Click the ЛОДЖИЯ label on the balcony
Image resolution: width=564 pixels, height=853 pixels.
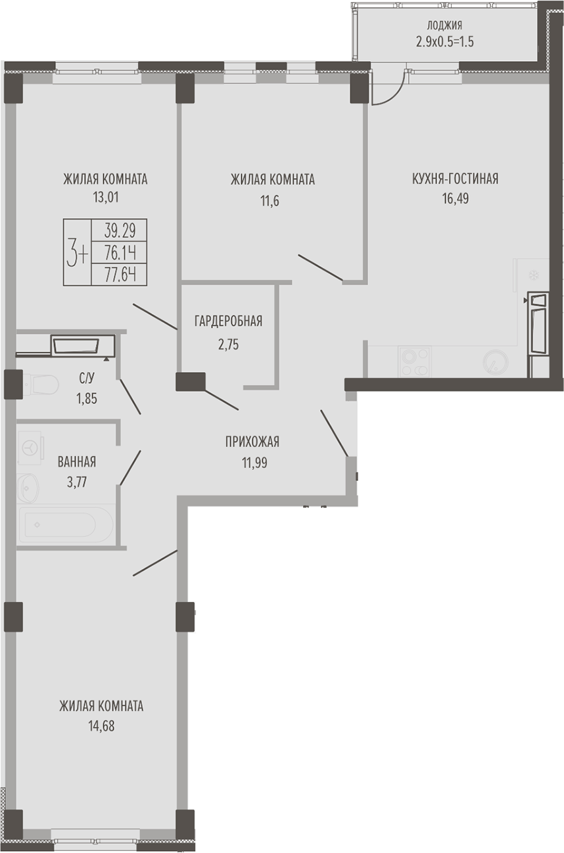click(444, 26)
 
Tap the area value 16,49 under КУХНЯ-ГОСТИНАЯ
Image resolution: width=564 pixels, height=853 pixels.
click(455, 198)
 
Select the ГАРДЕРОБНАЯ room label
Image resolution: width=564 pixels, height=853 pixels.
click(228, 321)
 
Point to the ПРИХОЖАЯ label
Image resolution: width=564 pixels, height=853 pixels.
click(252, 442)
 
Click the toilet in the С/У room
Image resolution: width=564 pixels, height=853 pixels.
click(39, 384)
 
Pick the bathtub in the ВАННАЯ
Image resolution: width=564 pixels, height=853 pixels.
click(65, 525)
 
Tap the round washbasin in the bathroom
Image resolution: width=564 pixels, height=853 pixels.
click(28, 488)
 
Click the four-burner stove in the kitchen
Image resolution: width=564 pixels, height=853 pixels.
click(414, 361)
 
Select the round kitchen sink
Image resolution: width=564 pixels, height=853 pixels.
click(495, 361)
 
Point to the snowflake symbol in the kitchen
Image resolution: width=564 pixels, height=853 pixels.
click(534, 275)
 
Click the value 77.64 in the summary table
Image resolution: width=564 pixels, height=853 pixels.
click(120, 274)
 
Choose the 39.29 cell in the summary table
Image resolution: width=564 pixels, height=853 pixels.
click(120, 231)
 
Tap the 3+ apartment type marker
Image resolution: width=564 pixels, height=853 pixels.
click(78, 252)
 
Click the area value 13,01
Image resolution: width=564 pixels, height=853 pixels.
click(105, 197)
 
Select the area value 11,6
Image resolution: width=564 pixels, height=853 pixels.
click(270, 200)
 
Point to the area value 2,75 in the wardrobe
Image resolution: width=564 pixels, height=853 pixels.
click(228, 344)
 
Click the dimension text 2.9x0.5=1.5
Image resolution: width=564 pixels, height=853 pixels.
click(444, 41)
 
